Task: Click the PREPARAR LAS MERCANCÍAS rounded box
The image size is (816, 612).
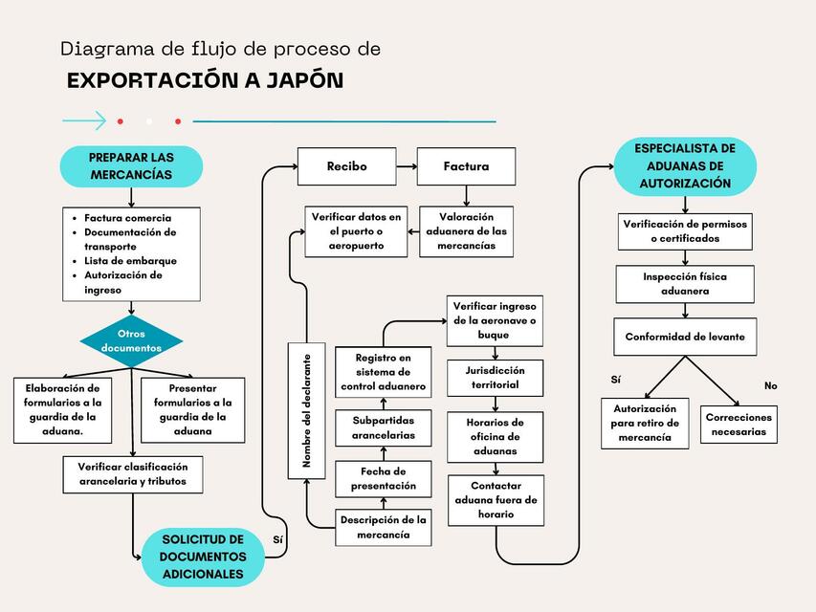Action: pyautogui.click(x=131, y=166)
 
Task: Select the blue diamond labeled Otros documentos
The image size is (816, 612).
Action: pyautogui.click(x=131, y=340)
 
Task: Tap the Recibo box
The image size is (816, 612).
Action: pyautogui.click(x=346, y=166)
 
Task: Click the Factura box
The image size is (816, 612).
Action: pyautogui.click(x=466, y=166)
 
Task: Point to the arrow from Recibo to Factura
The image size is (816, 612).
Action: pyautogui.click(x=407, y=166)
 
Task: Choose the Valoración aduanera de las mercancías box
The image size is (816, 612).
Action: pyautogui.click(x=466, y=231)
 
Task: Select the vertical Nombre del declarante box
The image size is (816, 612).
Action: pyautogui.click(x=307, y=410)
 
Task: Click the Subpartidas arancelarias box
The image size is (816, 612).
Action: pyautogui.click(x=383, y=427)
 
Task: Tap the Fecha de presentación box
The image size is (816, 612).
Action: pyautogui.click(x=383, y=478)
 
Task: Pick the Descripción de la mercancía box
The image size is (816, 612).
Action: pyautogui.click(x=383, y=527)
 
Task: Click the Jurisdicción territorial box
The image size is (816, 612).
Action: pyautogui.click(x=495, y=377)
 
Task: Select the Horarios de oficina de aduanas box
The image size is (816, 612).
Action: pyautogui.click(x=495, y=436)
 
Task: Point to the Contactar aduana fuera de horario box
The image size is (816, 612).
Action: pyautogui.click(x=495, y=500)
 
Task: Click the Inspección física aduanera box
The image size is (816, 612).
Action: pyautogui.click(x=684, y=284)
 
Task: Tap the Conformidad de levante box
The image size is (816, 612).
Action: pyautogui.click(x=684, y=337)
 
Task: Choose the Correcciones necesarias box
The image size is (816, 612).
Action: pyautogui.click(x=739, y=424)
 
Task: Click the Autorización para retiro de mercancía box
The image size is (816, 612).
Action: pyautogui.click(x=645, y=424)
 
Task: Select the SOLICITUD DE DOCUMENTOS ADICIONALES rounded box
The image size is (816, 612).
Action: pyautogui.click(x=202, y=557)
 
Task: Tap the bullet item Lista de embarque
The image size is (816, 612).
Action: pyautogui.click(x=130, y=260)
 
